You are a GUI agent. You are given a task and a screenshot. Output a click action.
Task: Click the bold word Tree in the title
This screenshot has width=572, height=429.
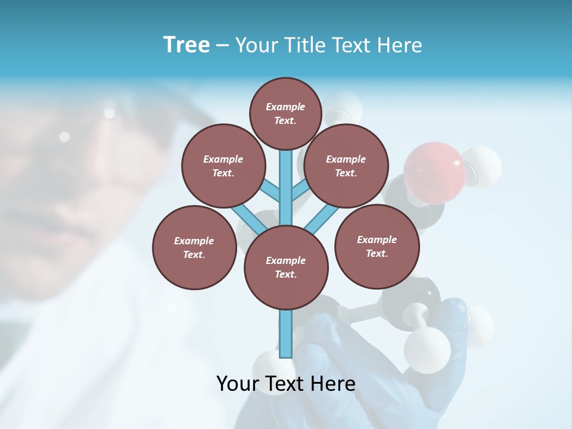coord(186,45)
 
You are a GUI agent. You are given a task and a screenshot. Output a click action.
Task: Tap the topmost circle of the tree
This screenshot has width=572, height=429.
coord(285,113)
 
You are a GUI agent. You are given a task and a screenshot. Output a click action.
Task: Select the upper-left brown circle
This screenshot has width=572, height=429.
coord(223,166)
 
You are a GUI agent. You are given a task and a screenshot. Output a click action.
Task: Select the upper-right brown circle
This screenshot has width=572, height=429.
coord(346,166)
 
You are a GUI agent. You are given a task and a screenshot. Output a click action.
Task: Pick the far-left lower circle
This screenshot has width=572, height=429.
coord(194,247)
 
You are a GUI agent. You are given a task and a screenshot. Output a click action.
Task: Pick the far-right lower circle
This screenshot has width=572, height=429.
coord(377,246)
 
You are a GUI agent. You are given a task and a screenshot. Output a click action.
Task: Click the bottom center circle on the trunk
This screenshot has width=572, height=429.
coord(285,267)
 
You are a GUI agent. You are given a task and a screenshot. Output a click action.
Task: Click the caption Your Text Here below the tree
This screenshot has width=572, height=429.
coord(285,383)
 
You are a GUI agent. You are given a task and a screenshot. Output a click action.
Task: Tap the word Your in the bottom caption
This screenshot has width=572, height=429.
coord(238,383)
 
